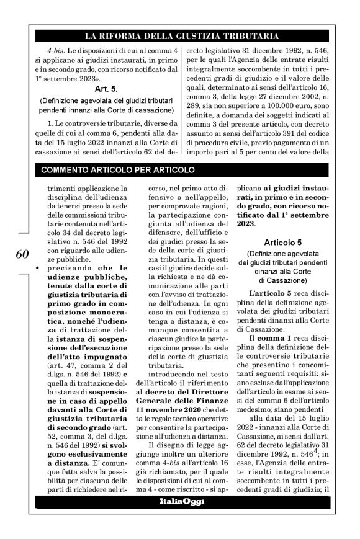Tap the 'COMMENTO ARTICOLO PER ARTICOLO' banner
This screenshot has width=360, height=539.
[x=118, y=169]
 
